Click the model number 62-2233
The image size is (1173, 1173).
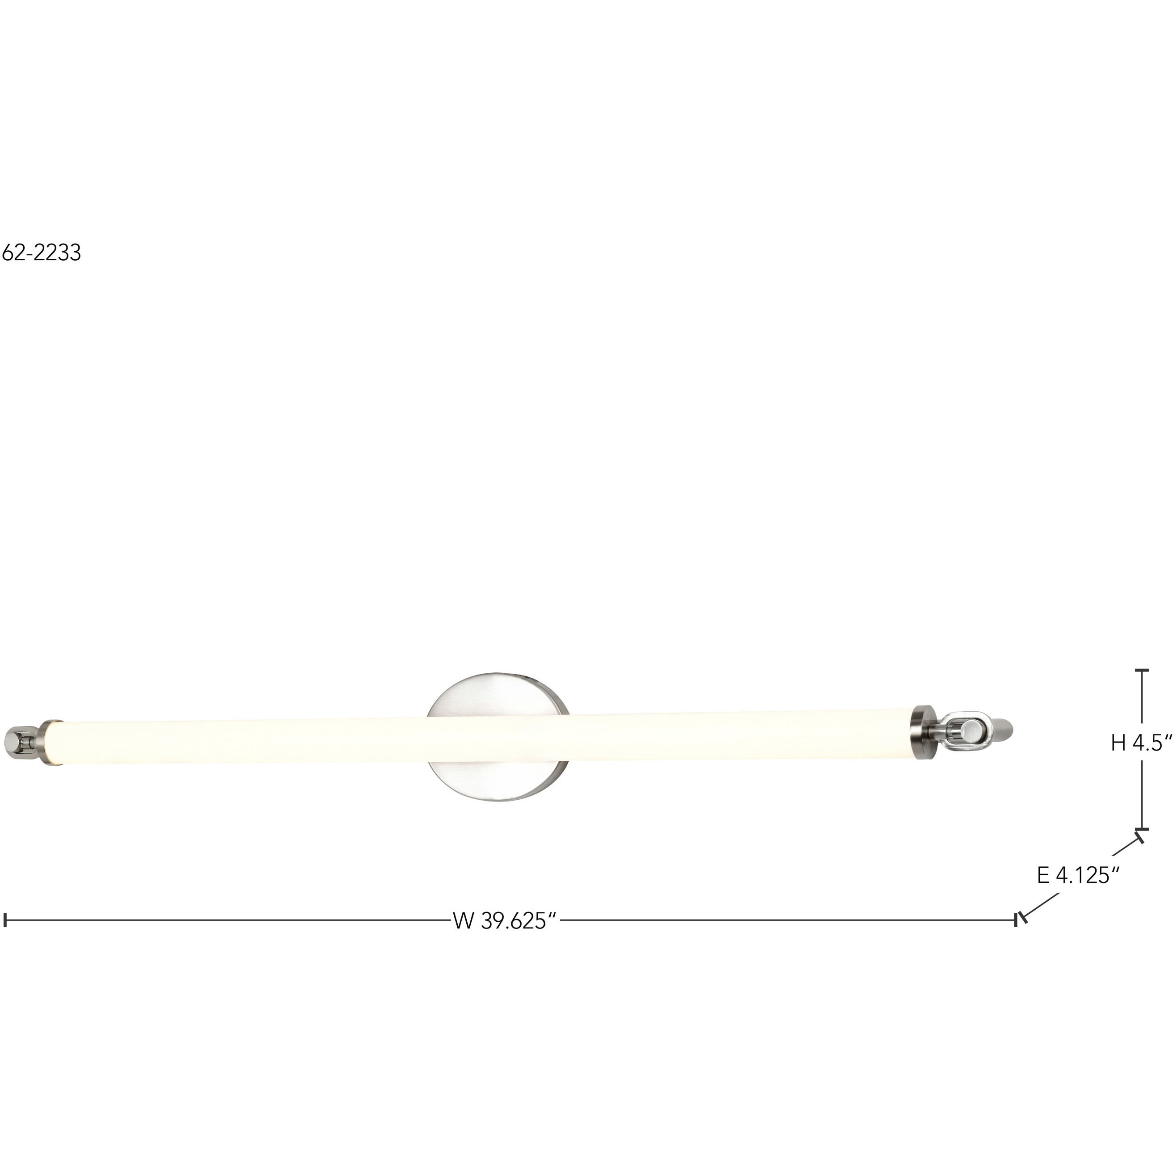[x=41, y=253]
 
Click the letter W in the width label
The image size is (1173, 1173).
[x=463, y=920]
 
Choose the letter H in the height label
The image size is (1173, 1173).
[x=1119, y=743]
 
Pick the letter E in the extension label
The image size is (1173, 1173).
[x=1043, y=875]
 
